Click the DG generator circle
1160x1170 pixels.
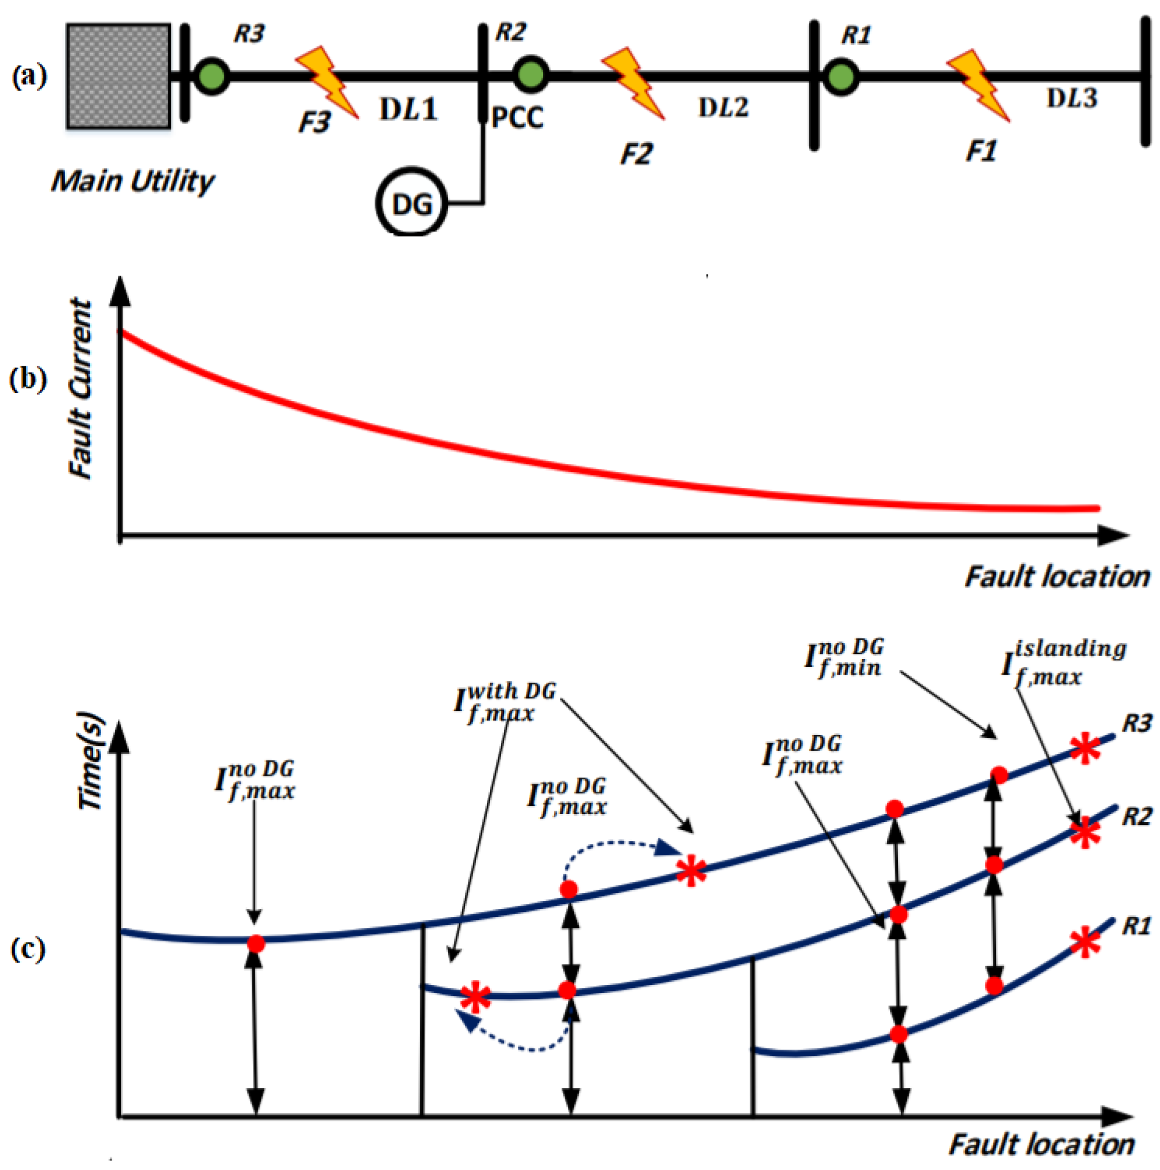412,203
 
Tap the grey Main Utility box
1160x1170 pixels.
118,76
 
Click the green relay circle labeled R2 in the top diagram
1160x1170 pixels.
530,75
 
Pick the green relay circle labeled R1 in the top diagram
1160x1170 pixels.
841,77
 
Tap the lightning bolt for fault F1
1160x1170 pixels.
978,85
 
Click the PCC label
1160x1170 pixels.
517,118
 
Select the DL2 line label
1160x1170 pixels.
723,108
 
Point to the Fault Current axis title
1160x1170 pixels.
81,389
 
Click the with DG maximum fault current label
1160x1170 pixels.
505,703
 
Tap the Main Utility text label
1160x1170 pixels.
133,181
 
